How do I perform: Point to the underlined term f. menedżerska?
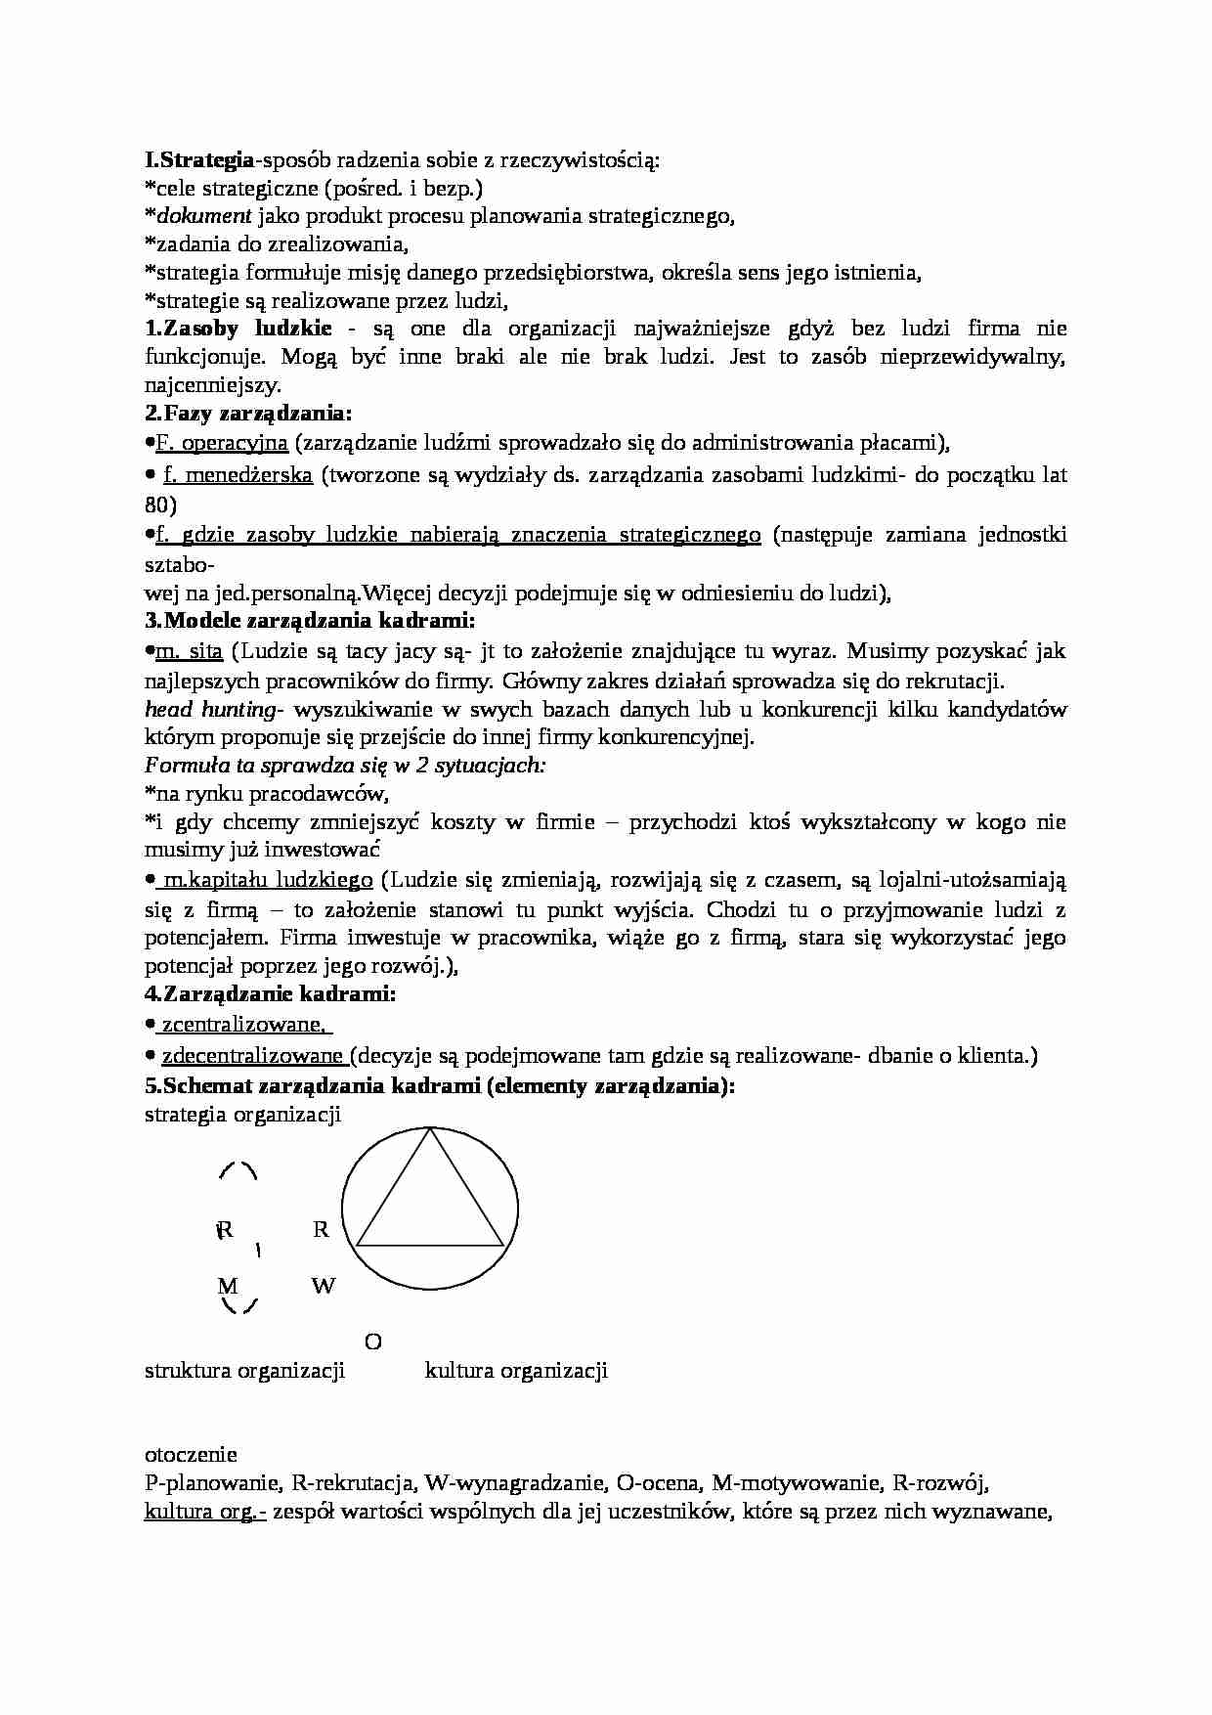[238, 475]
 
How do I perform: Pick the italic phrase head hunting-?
[214, 709]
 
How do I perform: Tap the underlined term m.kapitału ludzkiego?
[266, 880]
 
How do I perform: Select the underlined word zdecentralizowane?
[252, 1056]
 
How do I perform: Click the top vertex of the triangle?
[430, 1129]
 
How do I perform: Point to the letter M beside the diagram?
[227, 1286]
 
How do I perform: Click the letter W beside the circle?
[324, 1286]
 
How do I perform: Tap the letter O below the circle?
[372, 1341]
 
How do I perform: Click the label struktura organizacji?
[244, 1371]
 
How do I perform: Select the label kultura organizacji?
[516, 1371]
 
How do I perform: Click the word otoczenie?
[191, 1455]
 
